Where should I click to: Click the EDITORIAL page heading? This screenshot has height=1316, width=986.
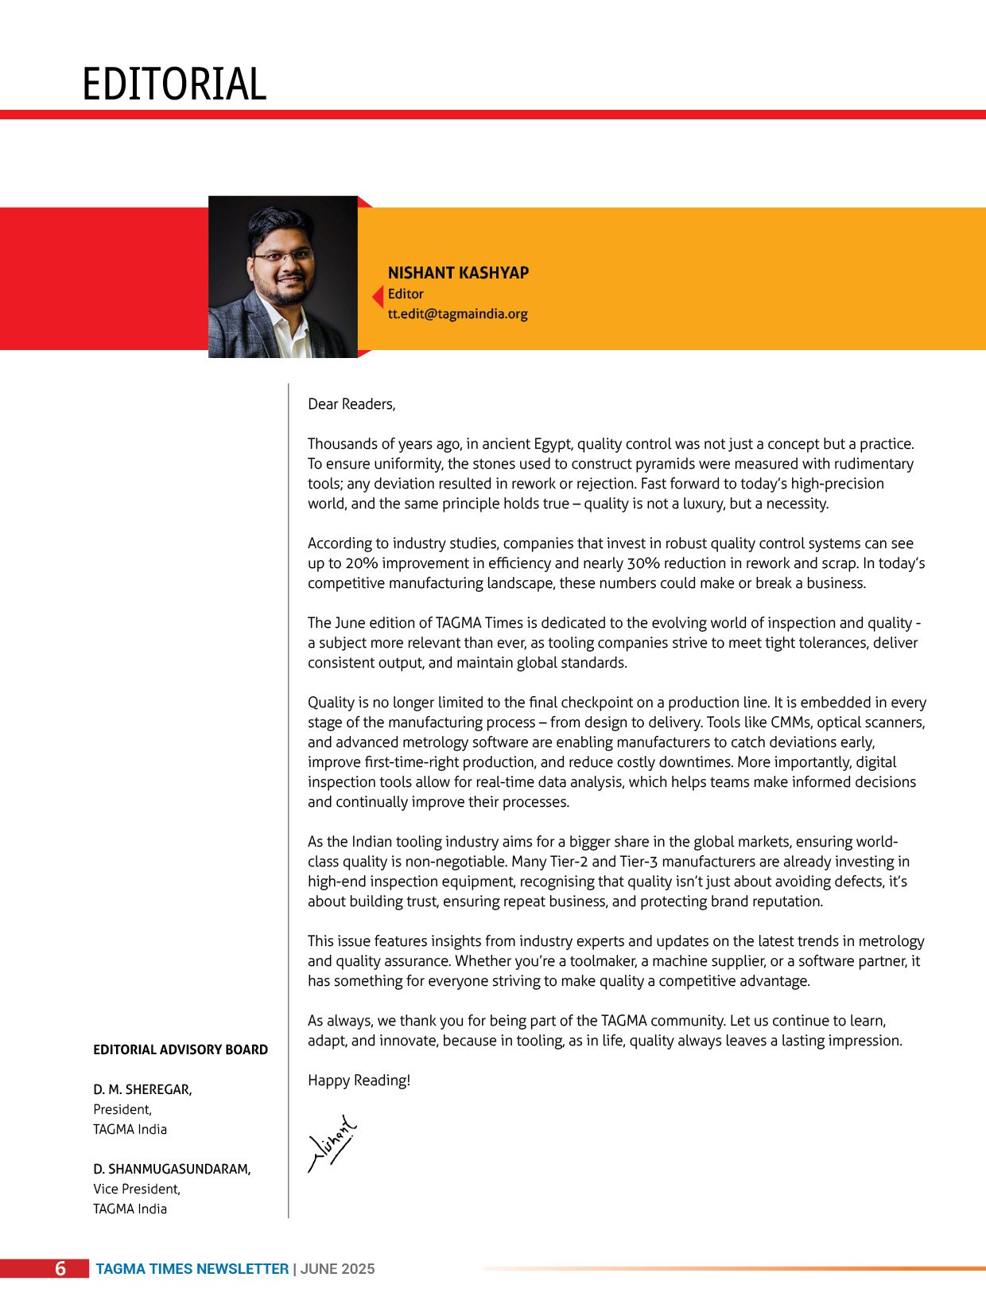tap(174, 84)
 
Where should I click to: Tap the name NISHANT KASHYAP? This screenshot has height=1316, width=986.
tap(458, 273)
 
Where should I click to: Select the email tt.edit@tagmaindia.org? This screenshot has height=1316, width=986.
tap(457, 313)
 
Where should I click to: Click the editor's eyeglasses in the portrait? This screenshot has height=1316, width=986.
tap(282, 256)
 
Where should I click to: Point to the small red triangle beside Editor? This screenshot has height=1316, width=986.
tap(378, 297)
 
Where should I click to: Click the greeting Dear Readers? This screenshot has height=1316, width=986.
tap(351, 404)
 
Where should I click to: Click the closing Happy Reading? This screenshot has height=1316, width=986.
tap(359, 1080)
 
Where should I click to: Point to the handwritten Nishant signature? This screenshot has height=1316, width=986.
tap(332, 1143)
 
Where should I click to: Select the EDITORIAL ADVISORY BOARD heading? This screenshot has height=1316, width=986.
tap(181, 1049)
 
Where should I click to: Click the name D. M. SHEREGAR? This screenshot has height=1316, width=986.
tap(142, 1089)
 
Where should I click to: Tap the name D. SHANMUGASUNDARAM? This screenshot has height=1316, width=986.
tap(172, 1169)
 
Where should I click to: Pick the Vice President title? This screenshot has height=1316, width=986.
tap(137, 1189)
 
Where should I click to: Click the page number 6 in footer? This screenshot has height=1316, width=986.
tap(60, 1269)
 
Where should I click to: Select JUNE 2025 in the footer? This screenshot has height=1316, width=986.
tap(337, 1269)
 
